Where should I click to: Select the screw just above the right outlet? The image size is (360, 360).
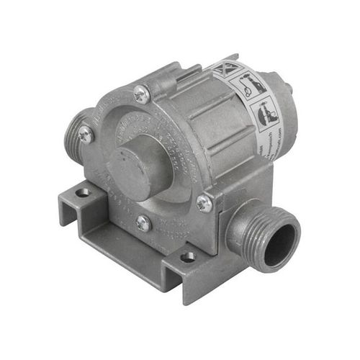[204, 204]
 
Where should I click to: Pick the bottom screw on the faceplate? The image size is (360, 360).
[144, 223]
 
